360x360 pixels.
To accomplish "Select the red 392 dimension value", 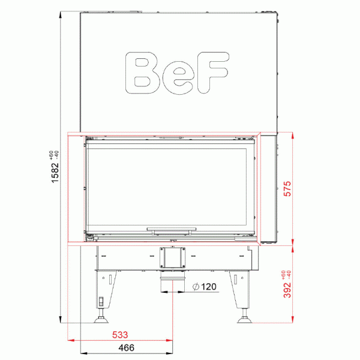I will click(x=287, y=289).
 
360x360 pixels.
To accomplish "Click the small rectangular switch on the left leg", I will click(x=101, y=301).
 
